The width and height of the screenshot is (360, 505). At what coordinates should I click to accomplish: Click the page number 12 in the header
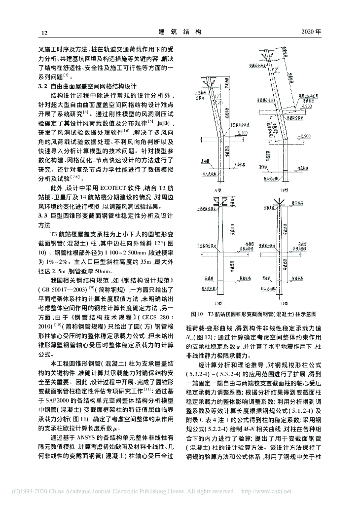[44, 33]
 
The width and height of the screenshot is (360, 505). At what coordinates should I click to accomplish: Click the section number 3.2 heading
[44, 86]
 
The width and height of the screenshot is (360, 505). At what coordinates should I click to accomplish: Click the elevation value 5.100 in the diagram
[242, 134]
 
